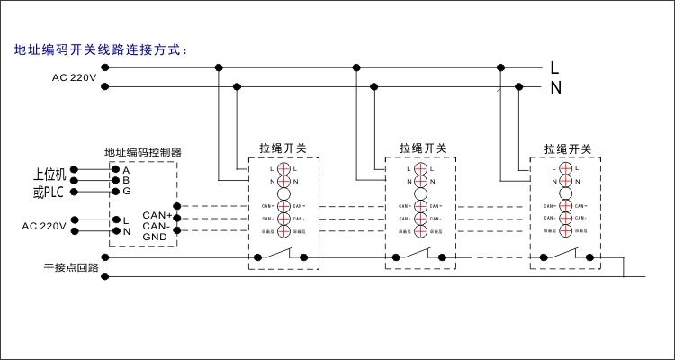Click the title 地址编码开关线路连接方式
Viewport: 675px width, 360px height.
click(100, 49)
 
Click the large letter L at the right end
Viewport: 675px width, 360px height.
click(555, 67)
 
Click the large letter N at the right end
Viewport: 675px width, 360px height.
click(555, 87)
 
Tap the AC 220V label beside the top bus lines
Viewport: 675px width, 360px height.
click(74, 77)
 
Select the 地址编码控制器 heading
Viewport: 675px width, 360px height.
click(143, 152)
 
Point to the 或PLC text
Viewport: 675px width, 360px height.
click(49, 192)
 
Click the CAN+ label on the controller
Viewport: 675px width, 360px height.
click(157, 216)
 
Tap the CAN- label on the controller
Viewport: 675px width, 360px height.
click(157, 226)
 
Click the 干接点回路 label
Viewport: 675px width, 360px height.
click(70, 267)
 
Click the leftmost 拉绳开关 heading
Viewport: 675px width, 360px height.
click(283, 148)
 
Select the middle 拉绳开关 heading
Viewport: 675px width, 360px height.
click(423, 148)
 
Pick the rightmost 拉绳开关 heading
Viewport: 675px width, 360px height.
click(567, 148)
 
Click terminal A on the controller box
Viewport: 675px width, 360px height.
click(126, 170)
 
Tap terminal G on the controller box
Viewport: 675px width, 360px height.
click(126, 191)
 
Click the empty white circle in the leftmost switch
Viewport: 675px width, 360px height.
click(283, 193)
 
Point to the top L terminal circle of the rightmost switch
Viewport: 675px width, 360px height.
click(566, 168)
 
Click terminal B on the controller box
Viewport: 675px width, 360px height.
click(126, 180)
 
